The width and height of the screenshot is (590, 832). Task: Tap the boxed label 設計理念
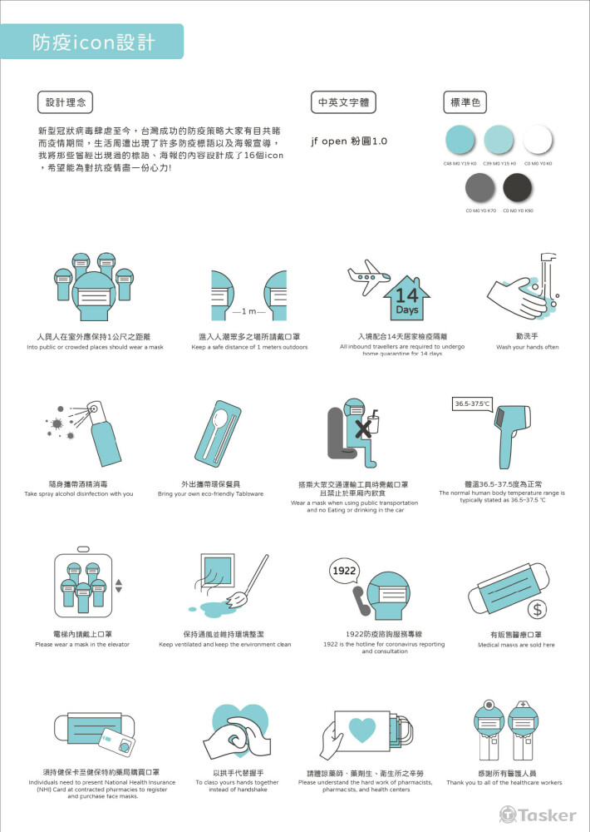(66, 103)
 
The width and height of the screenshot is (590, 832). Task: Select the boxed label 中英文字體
(342, 103)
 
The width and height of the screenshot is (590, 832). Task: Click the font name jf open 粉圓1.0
(348, 141)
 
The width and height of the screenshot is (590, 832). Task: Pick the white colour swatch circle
(538, 138)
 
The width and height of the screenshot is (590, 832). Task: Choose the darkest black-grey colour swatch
(519, 189)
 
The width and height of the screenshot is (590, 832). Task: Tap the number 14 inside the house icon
(406, 295)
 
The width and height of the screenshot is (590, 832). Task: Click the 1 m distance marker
(248, 311)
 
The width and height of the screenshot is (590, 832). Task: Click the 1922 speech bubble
(345, 571)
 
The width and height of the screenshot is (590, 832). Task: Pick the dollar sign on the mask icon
(538, 609)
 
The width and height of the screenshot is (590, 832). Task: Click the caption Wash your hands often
(527, 347)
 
